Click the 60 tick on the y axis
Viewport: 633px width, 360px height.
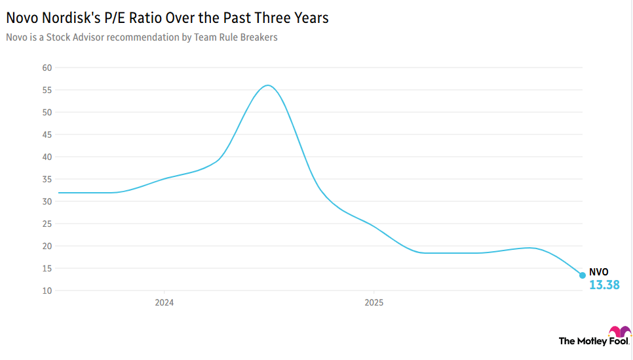point(47,68)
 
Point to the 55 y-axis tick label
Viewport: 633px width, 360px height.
point(47,90)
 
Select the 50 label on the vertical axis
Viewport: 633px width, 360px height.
point(47,112)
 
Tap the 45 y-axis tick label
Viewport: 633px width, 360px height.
point(47,134)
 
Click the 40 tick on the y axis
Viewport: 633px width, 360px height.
point(47,157)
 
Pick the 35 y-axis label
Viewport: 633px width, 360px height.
point(47,179)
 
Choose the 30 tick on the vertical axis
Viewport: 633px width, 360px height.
point(47,201)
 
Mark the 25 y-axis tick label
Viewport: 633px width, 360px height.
point(47,224)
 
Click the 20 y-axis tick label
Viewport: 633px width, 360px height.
point(47,246)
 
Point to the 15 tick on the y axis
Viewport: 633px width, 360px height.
point(47,268)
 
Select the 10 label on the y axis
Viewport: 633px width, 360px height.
point(47,290)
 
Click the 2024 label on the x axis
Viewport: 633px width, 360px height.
point(164,304)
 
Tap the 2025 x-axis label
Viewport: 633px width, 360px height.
point(373,304)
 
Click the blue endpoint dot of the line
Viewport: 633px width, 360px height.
point(582,275)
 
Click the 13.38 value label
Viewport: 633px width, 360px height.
point(604,285)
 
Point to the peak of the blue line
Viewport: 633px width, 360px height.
point(267,85)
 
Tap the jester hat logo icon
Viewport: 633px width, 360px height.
point(619,332)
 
